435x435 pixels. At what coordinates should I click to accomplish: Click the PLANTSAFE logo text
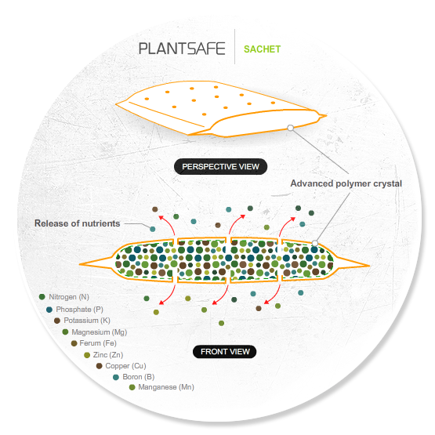[x=182, y=49]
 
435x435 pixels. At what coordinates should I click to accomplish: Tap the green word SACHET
[x=262, y=49]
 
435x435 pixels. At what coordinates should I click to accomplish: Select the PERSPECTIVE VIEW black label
[x=220, y=166]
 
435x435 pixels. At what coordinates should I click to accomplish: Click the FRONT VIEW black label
[x=225, y=351]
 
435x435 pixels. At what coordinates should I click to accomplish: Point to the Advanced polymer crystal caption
[x=346, y=183]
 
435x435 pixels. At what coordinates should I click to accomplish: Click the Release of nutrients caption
[x=77, y=223]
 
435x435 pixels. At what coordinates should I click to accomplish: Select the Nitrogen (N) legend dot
[x=42, y=297]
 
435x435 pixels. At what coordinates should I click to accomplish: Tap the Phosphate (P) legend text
[x=79, y=309]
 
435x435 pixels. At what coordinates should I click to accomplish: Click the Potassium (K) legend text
[x=87, y=321]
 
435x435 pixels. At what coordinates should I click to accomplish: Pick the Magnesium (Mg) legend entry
[x=95, y=332]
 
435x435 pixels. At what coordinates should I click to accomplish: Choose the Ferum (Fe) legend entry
[x=94, y=343]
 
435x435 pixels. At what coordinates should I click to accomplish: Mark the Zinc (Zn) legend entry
[x=103, y=355]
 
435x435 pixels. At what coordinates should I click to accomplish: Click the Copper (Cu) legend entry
[x=121, y=366]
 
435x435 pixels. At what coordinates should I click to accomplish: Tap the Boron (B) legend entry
[x=134, y=377]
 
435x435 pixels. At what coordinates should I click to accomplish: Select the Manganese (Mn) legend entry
[x=161, y=387]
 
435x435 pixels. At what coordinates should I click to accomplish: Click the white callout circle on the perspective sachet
[x=291, y=128]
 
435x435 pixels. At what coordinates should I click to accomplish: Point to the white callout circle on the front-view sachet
[x=315, y=243]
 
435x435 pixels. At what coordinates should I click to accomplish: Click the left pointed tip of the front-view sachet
[x=79, y=264]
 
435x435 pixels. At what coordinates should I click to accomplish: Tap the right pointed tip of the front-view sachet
[x=370, y=266]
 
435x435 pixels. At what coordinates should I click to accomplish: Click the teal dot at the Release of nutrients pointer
[x=152, y=229]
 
